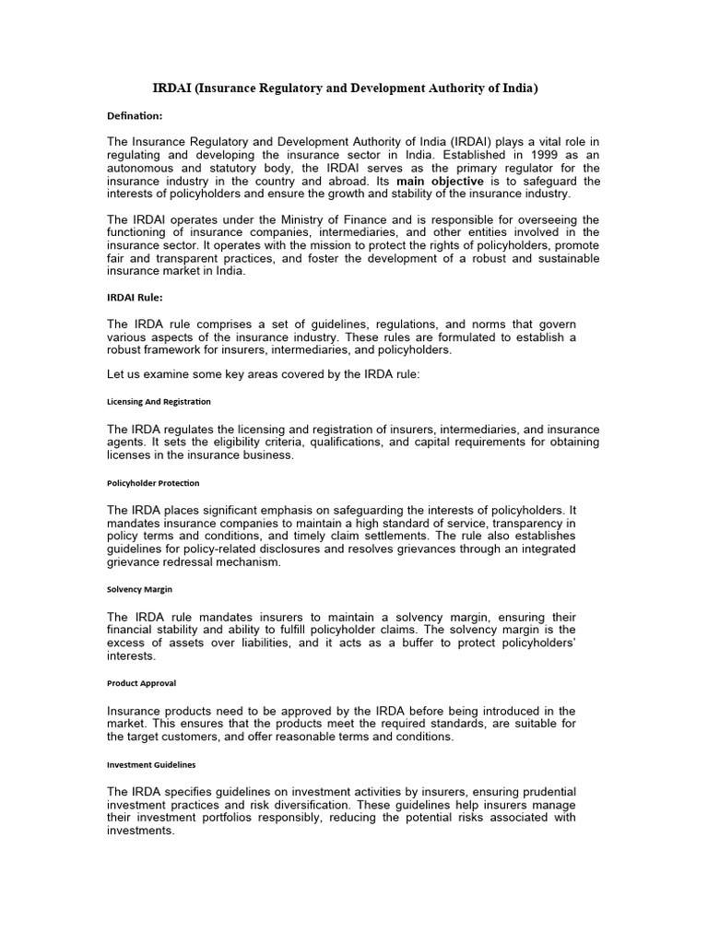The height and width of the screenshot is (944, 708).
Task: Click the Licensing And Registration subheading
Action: pos(159,402)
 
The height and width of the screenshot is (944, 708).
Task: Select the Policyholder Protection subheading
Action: pos(153,483)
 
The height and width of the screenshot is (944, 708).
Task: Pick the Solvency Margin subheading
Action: pos(139,588)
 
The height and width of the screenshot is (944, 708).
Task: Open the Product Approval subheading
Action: pos(141,683)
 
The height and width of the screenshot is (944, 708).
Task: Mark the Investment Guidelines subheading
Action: pos(151,764)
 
